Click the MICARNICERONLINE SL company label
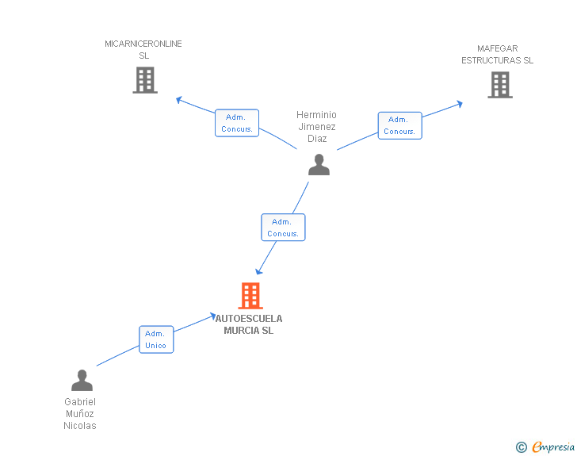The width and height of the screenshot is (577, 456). tap(143, 49)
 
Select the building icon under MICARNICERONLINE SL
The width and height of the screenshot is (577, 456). tap(145, 80)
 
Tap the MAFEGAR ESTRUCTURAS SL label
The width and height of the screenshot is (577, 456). tap(497, 54)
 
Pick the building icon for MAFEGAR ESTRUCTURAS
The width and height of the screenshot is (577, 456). tap(500, 85)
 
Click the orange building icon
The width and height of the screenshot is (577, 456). tap(250, 295)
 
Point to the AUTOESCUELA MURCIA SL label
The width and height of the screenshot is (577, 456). tap(249, 324)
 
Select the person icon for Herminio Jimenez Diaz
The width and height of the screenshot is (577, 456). tap(319, 164)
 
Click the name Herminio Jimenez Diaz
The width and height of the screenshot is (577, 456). tap(316, 126)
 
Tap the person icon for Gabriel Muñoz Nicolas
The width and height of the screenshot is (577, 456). tap(82, 380)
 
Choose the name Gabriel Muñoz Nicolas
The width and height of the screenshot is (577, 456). tap(80, 413)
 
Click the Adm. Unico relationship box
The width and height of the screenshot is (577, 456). tap(156, 339)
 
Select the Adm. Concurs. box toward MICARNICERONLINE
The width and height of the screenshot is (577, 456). tap(237, 123)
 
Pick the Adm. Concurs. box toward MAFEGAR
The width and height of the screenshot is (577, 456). tap(400, 125)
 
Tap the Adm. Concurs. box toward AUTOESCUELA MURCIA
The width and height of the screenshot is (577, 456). tap(283, 228)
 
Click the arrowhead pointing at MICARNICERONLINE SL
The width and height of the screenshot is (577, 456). tap(179, 100)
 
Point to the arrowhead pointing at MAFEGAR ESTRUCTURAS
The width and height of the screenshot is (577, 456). tap(459, 104)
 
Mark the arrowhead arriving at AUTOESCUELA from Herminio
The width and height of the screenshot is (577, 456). tap(258, 271)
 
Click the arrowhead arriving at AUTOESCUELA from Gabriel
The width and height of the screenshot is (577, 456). tap(213, 316)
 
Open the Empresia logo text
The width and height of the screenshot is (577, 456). tap(553, 447)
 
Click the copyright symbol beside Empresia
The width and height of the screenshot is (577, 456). tap(522, 447)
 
